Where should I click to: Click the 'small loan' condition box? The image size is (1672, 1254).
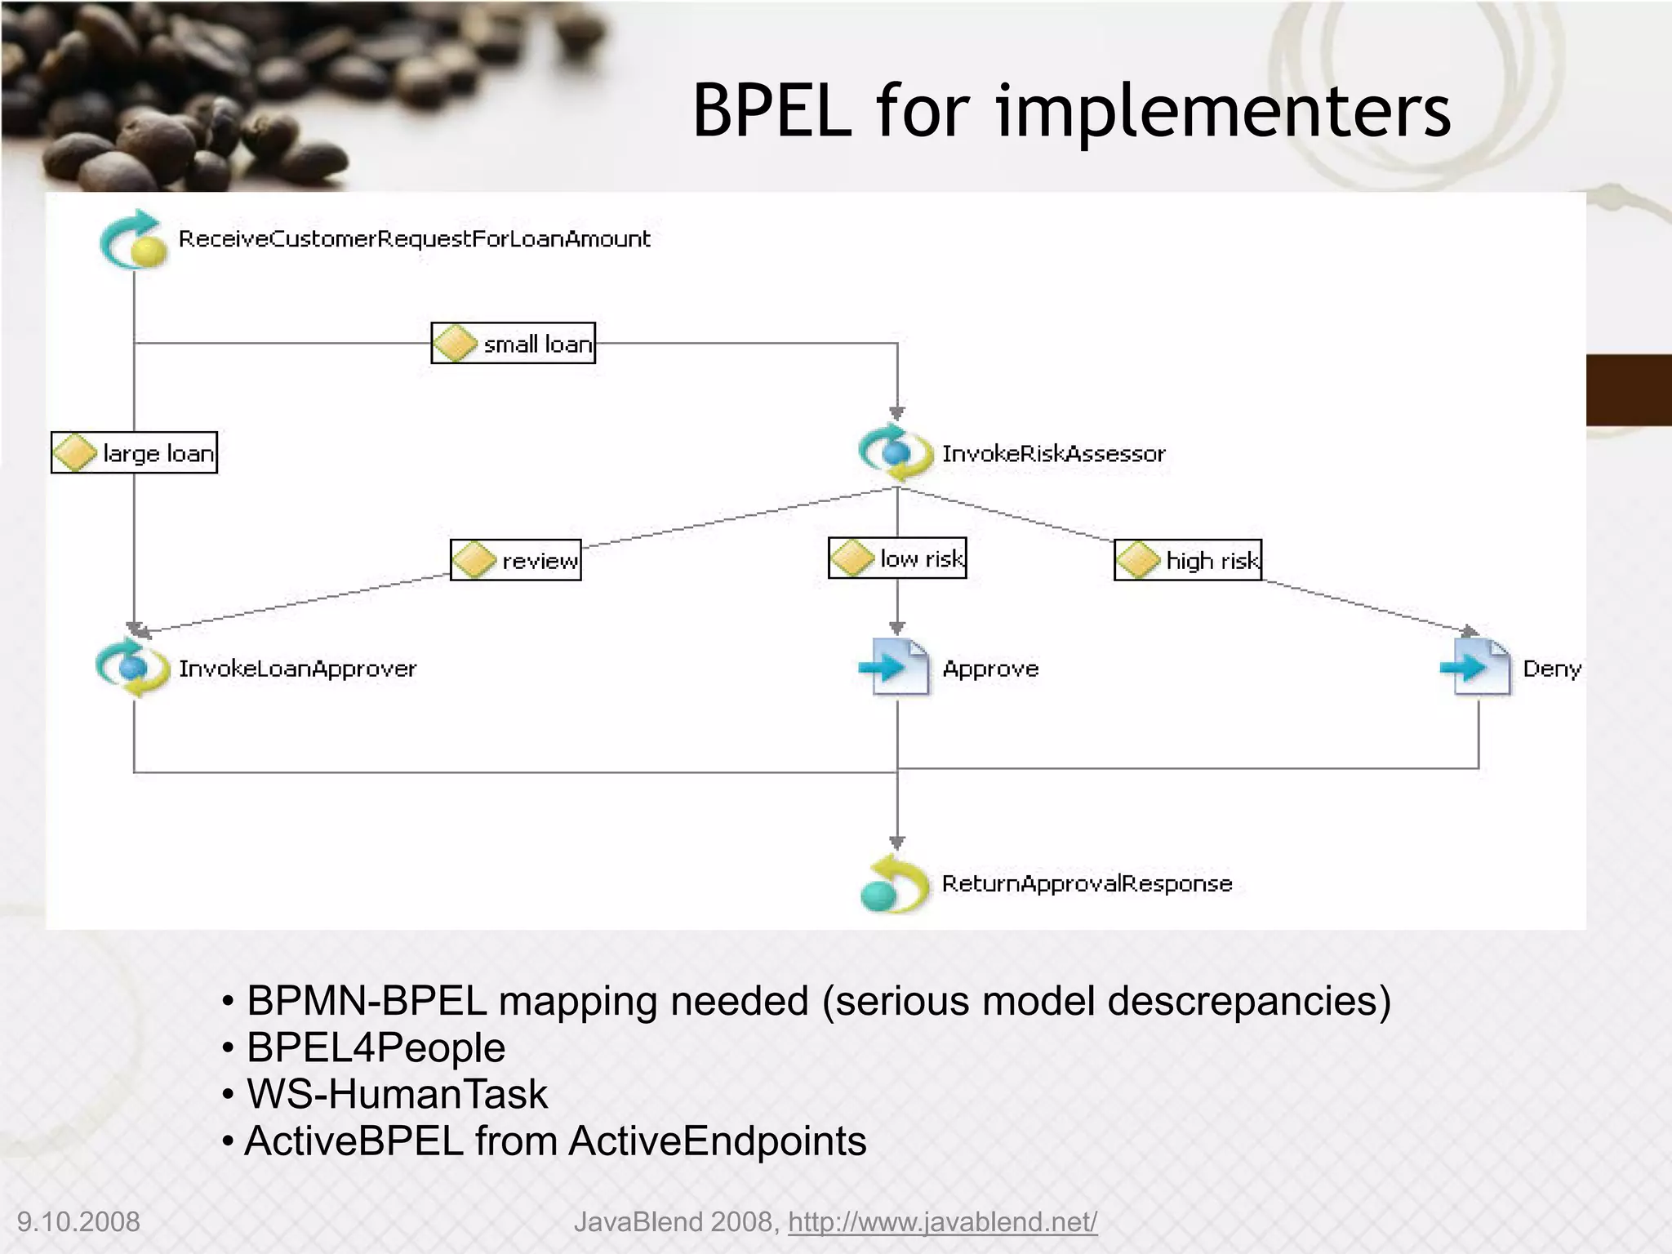click(x=513, y=343)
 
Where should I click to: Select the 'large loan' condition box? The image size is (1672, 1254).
click(x=134, y=452)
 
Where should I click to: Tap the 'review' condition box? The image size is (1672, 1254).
click(x=516, y=560)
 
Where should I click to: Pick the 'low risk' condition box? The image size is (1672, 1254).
click(x=897, y=558)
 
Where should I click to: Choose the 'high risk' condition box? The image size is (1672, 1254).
click(x=1188, y=560)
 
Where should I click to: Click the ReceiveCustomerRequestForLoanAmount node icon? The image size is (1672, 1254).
click(x=134, y=240)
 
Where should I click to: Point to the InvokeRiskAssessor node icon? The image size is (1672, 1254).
click(x=896, y=452)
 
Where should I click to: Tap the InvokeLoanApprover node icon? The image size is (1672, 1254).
click(x=132, y=668)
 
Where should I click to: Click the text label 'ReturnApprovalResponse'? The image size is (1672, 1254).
click(x=1087, y=883)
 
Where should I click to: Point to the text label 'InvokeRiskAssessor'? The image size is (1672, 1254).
click(x=1053, y=453)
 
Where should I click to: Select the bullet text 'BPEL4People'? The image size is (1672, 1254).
click(x=376, y=1047)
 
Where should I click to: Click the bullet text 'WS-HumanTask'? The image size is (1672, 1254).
click(x=397, y=1094)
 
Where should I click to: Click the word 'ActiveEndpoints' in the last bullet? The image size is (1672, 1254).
click(x=718, y=1141)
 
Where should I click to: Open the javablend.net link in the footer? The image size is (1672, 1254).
click(x=942, y=1222)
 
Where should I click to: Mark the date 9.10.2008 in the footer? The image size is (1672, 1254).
click(x=78, y=1222)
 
